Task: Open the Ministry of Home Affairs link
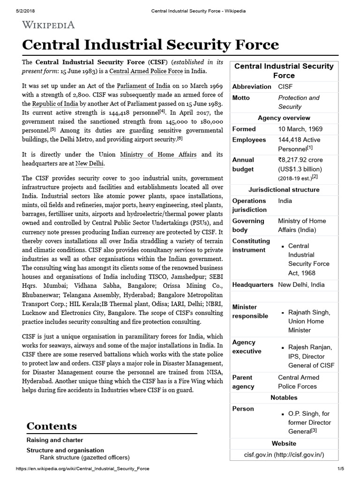pyautogui.click(x=158, y=154)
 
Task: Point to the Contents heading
pyautogui.click(x=52, y=426)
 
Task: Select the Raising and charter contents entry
pyautogui.click(x=55, y=440)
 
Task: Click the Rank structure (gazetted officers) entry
pyautogui.click(x=84, y=457)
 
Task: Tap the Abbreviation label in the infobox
pyautogui.click(x=252, y=87)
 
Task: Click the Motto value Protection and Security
pyautogui.click(x=299, y=102)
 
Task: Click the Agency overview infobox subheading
pyautogui.click(x=284, y=118)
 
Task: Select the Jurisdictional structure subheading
pyautogui.click(x=284, y=190)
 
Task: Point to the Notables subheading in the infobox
pyautogui.click(x=284, y=397)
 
